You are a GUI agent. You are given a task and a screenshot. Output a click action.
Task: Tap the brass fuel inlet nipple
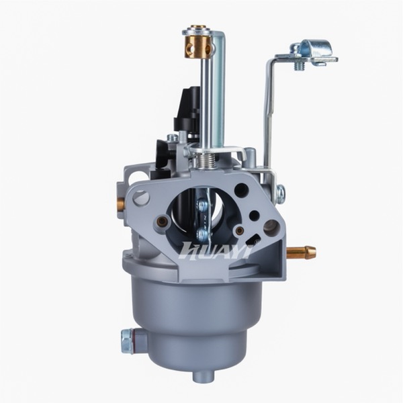point(302,252)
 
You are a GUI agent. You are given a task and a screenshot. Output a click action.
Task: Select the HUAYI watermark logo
point(216,250)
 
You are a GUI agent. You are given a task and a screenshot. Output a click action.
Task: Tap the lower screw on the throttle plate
point(202,234)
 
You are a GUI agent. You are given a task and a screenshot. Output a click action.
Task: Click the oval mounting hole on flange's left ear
point(142,198)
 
